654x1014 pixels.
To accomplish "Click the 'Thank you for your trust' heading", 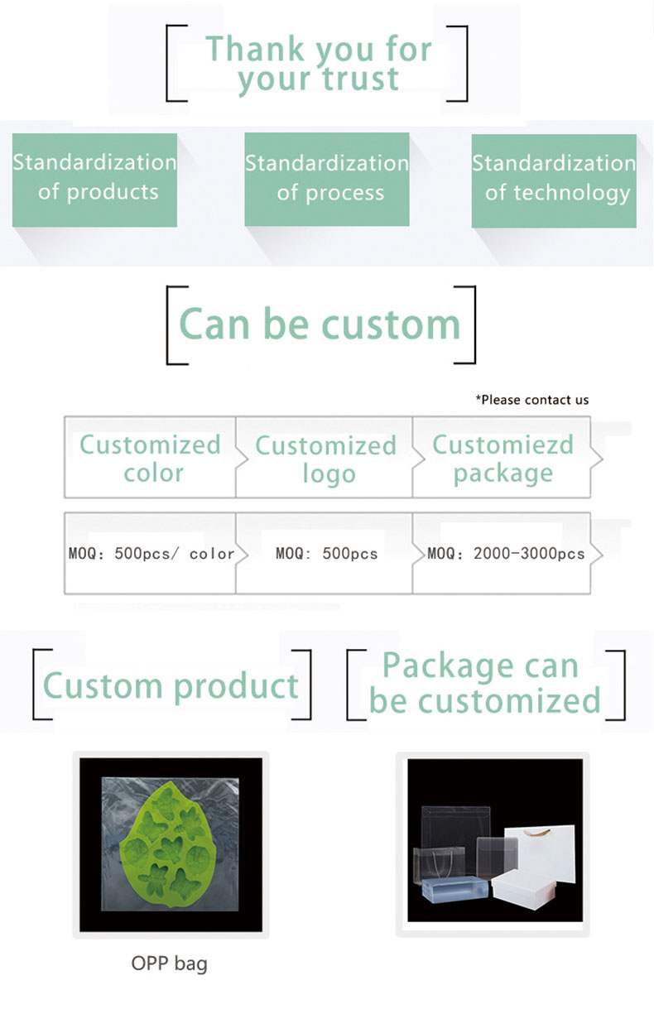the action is click(318, 64).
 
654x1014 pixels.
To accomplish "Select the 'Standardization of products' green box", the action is click(94, 180).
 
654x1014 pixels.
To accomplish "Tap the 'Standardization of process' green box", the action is click(327, 180).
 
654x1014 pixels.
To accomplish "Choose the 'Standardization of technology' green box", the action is click(554, 180).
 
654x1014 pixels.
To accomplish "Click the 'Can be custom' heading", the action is click(320, 324).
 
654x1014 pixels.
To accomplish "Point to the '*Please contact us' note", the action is click(531, 400).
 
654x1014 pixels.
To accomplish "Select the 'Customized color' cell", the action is click(150, 457).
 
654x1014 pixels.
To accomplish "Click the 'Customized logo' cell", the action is click(325, 458).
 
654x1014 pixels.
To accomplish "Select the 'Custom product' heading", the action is click(171, 685).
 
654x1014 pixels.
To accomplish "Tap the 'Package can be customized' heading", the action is click(484, 683).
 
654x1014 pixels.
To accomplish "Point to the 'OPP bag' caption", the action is click(169, 964).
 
